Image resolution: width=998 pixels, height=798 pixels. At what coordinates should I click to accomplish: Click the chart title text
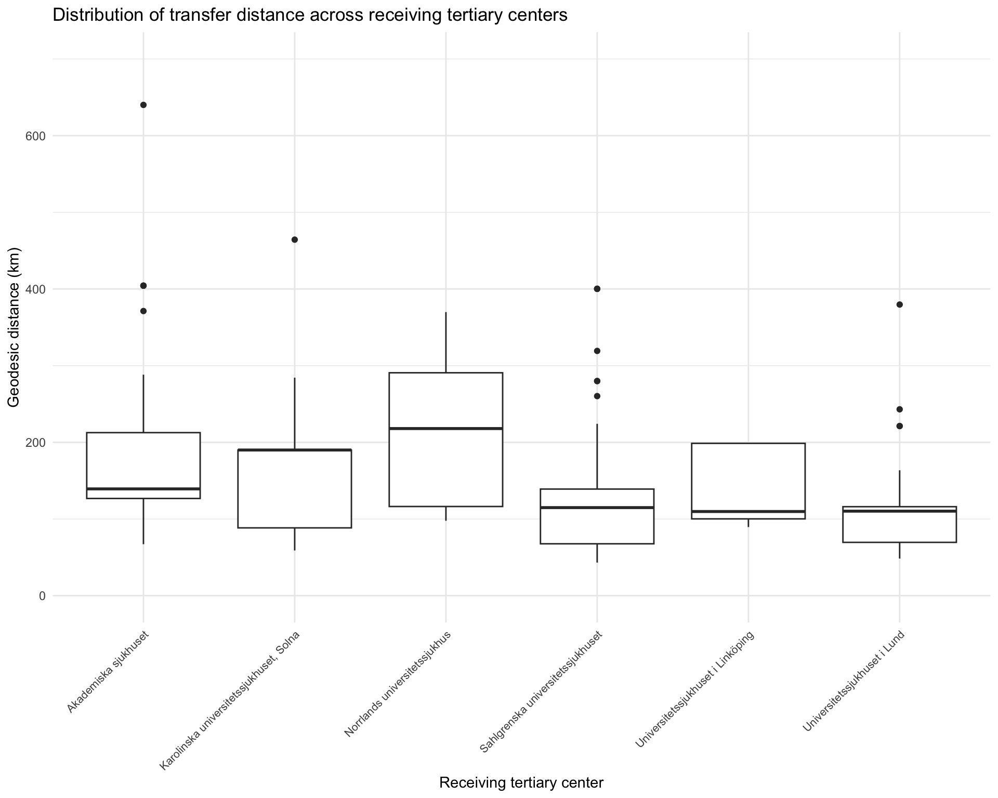(310, 16)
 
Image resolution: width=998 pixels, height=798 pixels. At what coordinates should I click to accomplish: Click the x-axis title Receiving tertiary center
(521, 782)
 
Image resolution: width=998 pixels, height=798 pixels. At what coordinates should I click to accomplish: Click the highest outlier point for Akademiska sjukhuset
(143, 105)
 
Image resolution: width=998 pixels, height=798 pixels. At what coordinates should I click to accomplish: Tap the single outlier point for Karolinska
(295, 240)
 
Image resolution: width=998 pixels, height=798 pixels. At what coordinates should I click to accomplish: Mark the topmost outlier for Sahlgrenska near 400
(597, 289)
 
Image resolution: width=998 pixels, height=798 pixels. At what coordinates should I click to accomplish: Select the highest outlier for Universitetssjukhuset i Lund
(900, 304)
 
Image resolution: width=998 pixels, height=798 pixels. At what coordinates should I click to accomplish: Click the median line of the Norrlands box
(446, 428)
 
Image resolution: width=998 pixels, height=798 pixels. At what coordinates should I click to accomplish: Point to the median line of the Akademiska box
(143, 489)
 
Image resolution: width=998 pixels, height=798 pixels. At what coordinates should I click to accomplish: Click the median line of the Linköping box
(748, 512)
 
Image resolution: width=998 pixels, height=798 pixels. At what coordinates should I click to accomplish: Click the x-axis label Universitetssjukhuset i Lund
(854, 681)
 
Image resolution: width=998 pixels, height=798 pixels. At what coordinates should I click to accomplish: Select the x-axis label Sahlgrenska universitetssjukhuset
(541, 691)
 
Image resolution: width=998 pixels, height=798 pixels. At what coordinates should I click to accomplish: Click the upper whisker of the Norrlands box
(446, 342)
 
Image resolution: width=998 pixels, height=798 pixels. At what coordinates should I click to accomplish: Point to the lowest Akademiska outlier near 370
(143, 311)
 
